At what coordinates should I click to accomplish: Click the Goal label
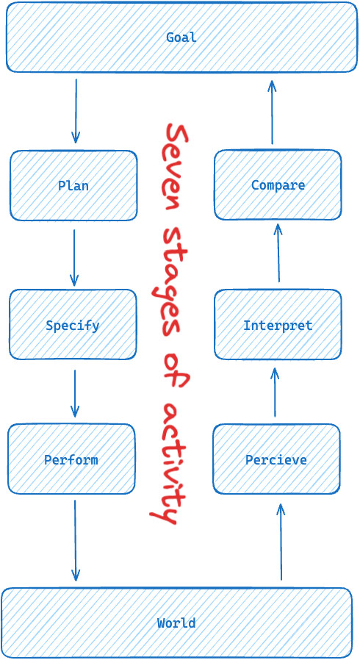[181, 37]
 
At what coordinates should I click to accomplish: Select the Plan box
[73, 186]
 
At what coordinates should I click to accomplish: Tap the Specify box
[73, 325]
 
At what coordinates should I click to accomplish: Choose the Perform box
[71, 459]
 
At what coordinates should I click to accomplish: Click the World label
[176, 623]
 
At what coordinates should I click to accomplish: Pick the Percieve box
[276, 459]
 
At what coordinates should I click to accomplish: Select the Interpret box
[278, 325]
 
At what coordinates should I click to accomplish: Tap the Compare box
[278, 184]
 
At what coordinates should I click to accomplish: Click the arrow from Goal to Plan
[76, 111]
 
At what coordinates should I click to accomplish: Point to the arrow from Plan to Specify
[74, 257]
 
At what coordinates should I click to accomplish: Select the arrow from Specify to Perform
[75, 393]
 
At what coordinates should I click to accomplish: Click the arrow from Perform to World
[75, 540]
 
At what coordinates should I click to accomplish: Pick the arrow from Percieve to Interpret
[275, 392]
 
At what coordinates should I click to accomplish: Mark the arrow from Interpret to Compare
[278, 253]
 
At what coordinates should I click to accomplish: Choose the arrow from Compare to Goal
[272, 112]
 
